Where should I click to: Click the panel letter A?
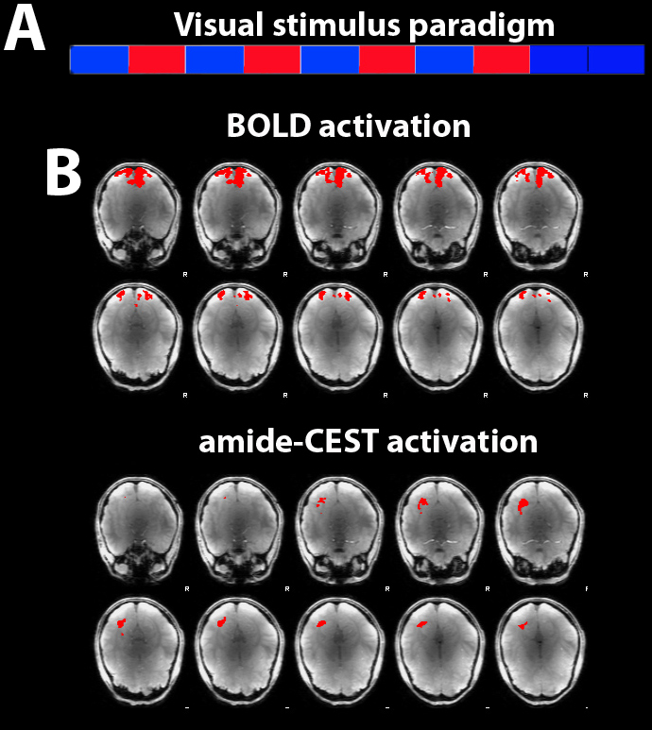click(x=25, y=30)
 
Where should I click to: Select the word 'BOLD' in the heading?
click(x=269, y=126)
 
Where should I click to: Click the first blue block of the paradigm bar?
click(x=99, y=59)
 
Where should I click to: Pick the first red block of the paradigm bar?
click(x=157, y=59)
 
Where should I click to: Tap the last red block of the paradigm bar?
click(x=502, y=59)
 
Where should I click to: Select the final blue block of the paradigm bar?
click(x=617, y=59)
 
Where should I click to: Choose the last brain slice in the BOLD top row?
click(x=539, y=216)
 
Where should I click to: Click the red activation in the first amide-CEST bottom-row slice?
click(x=121, y=624)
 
